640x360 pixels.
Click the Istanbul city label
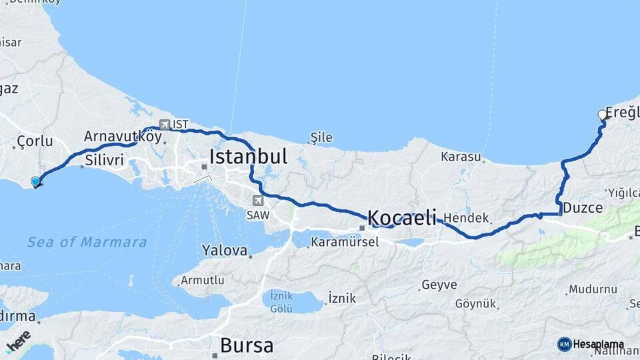248,157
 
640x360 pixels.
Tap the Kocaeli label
402,217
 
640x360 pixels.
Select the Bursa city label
246,345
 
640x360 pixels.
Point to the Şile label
321,138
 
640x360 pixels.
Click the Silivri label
105,160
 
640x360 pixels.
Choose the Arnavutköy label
123,136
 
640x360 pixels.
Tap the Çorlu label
34,142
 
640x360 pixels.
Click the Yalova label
224,250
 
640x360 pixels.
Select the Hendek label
467,218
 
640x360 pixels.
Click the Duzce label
583,208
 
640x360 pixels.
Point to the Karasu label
461,157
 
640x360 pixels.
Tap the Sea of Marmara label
87,242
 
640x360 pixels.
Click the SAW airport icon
259,200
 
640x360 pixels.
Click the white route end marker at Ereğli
603,115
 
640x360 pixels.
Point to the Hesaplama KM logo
591,344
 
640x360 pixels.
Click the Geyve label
439,285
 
